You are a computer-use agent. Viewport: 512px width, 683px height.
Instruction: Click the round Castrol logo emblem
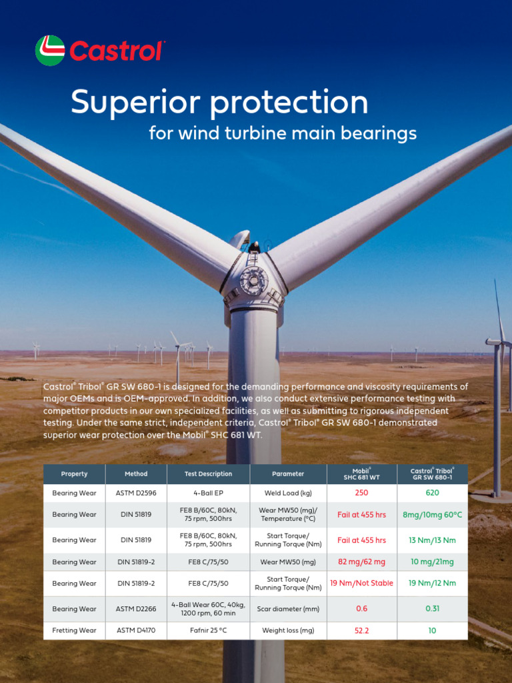(50, 51)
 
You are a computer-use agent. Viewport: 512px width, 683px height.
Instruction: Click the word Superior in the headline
(135, 103)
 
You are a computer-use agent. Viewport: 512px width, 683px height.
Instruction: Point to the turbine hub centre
(254, 279)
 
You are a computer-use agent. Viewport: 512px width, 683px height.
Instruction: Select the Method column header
(136, 474)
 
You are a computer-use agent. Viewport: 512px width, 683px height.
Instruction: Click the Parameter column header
(288, 474)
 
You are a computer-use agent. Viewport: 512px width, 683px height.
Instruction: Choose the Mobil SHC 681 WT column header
(361, 474)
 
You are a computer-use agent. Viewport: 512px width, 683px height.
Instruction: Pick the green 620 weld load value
(432, 493)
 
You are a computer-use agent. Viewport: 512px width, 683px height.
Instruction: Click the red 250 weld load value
(361, 493)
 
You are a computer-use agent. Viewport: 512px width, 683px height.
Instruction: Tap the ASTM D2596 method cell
(136, 493)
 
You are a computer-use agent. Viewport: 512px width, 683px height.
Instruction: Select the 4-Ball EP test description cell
(208, 493)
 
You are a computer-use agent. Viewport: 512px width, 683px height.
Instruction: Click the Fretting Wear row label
(74, 630)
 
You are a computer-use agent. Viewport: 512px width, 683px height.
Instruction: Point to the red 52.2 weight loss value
(361, 630)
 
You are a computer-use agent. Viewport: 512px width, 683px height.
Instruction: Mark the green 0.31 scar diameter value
(432, 609)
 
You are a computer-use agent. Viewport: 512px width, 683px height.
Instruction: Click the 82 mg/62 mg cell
(361, 562)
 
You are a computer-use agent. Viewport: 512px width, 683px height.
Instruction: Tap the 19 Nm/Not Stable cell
(361, 583)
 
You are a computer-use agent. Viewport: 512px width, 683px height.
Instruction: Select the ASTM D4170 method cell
(136, 630)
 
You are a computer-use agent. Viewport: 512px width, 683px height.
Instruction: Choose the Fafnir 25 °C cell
(208, 630)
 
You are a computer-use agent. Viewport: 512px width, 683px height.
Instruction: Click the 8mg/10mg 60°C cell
(432, 515)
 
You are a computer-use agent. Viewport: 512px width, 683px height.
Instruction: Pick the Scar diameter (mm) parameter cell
(288, 609)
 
